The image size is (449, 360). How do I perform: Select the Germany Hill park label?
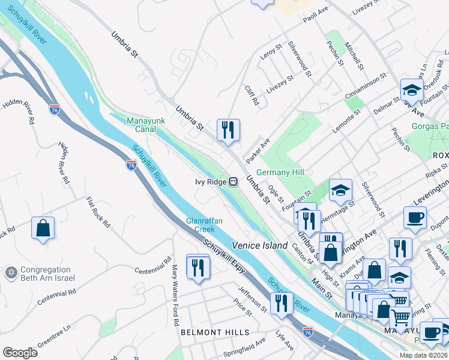coord(280,173)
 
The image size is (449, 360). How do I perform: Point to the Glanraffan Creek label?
coord(204,225)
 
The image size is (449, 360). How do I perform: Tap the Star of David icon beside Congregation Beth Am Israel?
coord(10,274)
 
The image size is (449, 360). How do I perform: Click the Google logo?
coord(20,352)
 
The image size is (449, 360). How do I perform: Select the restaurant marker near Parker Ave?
coord(228,130)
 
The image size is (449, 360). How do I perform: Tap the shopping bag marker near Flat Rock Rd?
coord(43,229)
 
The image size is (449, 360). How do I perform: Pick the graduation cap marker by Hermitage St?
coord(340,190)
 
